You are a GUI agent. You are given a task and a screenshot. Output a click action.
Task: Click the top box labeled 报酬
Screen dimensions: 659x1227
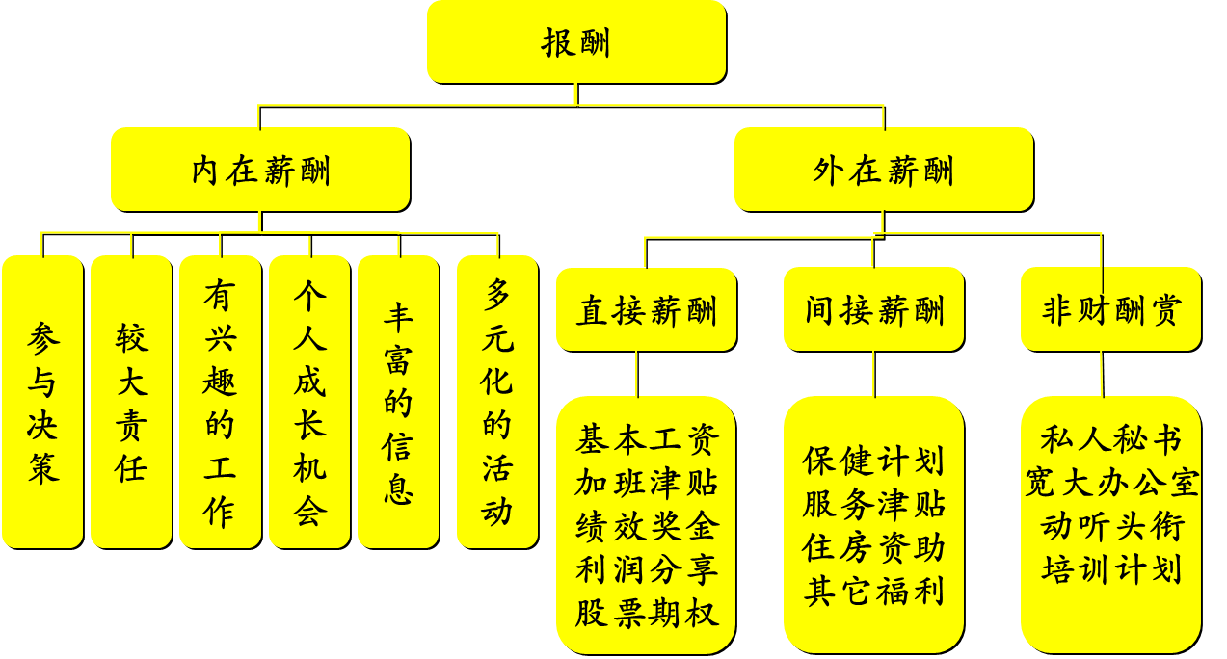click(x=575, y=41)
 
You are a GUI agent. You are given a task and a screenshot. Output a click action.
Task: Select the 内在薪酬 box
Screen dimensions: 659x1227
click(x=260, y=170)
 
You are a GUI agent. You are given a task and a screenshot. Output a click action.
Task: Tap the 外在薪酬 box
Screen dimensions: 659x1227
click(x=883, y=170)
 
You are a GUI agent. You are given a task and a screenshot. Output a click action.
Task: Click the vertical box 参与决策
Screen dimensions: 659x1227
click(x=42, y=402)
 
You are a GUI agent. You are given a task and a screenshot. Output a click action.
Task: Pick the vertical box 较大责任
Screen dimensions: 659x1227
click(x=131, y=402)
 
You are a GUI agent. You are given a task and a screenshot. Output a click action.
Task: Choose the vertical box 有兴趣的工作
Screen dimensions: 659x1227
click(x=220, y=402)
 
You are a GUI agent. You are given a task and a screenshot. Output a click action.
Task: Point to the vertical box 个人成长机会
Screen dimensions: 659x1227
click(x=309, y=402)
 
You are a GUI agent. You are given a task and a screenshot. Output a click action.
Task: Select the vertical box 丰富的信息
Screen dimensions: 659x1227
click(x=398, y=402)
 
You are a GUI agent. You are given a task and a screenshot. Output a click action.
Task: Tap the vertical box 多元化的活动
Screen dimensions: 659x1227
click(x=497, y=402)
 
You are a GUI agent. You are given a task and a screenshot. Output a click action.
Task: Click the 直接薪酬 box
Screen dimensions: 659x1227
click(x=646, y=310)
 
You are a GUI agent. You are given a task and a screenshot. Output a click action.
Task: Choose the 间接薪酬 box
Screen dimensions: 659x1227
click(x=873, y=310)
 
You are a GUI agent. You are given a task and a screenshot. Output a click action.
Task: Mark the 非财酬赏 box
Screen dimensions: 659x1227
click(x=1110, y=310)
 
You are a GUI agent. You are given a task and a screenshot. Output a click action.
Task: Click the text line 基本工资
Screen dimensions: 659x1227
click(x=647, y=440)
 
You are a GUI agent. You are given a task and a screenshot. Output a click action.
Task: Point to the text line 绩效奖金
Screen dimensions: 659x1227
click(x=647, y=527)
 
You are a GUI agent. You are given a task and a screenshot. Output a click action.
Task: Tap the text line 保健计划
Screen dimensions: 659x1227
click(x=873, y=461)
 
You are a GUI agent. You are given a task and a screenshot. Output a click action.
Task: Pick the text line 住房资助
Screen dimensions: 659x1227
click(x=873, y=547)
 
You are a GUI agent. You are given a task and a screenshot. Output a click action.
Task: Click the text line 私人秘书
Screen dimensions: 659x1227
click(x=1110, y=440)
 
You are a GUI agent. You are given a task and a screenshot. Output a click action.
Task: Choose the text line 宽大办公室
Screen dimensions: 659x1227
click(x=1110, y=483)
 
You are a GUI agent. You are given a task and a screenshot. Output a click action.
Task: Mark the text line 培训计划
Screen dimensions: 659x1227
click(x=1110, y=568)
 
